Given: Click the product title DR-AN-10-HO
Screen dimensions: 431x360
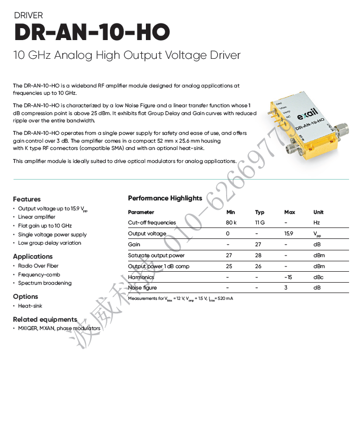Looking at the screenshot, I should (92, 33).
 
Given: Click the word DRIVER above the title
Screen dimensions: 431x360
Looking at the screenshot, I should (29, 16).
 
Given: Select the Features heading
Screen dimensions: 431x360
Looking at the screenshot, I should (27, 199).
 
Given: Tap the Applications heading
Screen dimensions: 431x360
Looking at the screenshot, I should (33, 257).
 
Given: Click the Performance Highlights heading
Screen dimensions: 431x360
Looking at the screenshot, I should (165, 198).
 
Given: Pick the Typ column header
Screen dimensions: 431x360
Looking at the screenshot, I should (260, 212).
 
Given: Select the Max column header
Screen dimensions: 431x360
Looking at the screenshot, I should (290, 212).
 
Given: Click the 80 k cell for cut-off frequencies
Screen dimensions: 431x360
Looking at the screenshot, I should (231, 223).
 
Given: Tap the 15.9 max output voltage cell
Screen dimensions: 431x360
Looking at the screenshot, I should (289, 234).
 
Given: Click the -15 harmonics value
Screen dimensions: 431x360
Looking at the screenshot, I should (288, 277).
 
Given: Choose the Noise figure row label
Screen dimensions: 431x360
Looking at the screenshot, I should (142, 288).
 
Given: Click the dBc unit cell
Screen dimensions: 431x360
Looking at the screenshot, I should (318, 277).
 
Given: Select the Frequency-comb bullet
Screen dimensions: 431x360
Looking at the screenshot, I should (39, 275).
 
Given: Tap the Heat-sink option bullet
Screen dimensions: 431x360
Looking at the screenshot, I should (30, 306).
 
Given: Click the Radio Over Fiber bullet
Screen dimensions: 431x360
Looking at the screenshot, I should (39, 266).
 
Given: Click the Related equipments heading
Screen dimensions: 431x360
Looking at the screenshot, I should (45, 320).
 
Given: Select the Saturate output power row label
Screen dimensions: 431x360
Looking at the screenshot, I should (156, 256).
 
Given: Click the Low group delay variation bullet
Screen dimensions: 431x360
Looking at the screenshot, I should (49, 243).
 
